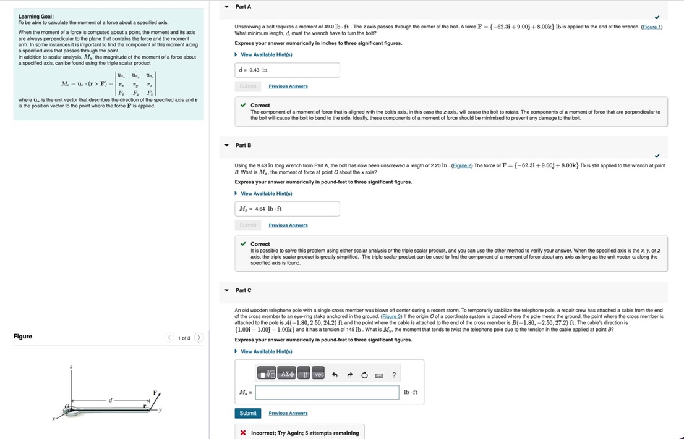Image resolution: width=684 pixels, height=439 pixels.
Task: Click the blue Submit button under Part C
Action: (248, 413)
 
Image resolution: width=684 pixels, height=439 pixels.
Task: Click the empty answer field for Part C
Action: (327, 393)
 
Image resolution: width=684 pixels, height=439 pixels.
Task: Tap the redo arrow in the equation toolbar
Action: (350, 375)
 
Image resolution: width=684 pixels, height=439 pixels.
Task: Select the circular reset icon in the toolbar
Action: (365, 375)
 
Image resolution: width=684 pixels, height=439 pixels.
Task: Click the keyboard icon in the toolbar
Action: (379, 375)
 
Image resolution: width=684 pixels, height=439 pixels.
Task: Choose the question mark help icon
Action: (394, 375)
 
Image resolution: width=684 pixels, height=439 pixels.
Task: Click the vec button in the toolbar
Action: (319, 375)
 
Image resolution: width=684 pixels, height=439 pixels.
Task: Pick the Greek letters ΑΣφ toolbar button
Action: (288, 375)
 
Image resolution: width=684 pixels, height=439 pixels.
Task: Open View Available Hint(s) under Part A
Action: (266, 55)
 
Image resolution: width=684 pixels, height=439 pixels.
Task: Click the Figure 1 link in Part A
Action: (652, 27)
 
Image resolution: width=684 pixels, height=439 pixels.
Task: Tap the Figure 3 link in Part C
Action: (391, 317)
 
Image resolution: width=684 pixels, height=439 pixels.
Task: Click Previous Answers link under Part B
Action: (288, 225)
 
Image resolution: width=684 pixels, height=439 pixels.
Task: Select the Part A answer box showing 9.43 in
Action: (287, 70)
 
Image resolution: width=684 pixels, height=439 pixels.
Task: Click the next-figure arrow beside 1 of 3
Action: (199, 338)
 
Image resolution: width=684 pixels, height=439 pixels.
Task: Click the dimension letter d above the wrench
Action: (110, 401)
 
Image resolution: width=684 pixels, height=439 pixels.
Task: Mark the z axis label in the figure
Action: (71, 367)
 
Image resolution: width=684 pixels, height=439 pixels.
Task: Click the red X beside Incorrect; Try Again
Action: (244, 433)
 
